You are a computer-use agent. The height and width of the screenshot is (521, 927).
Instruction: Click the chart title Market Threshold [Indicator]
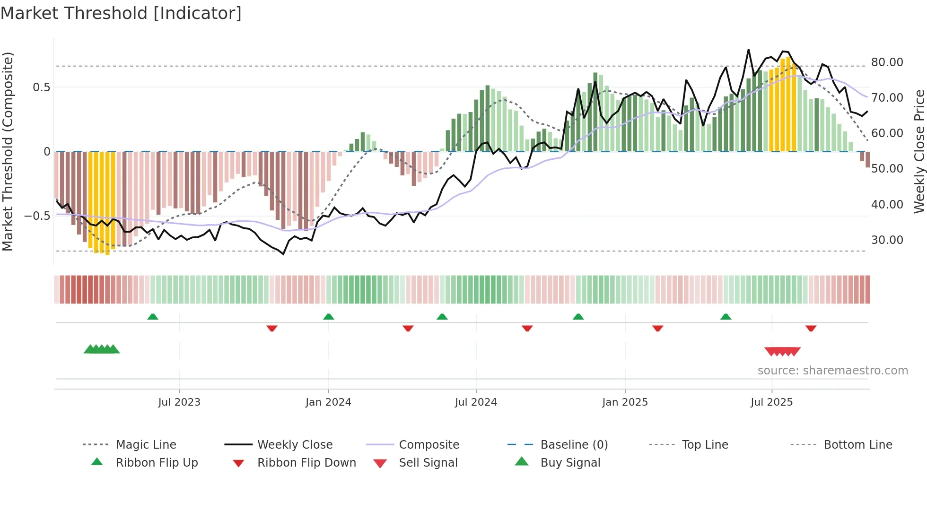(x=121, y=13)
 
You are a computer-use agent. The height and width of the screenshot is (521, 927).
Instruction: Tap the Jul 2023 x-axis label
(x=179, y=402)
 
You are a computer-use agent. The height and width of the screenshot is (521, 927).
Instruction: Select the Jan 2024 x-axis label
(x=328, y=402)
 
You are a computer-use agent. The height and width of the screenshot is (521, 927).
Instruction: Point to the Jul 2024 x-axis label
(x=476, y=402)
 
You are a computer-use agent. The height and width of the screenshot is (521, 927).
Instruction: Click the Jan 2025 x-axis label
(x=625, y=402)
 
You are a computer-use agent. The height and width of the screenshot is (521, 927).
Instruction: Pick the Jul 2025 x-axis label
(x=771, y=402)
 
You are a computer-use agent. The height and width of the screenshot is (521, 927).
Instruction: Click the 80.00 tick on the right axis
(x=887, y=62)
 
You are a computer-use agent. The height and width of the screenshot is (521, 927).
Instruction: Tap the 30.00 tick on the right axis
(x=887, y=240)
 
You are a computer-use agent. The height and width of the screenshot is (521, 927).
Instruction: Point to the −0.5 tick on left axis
(x=37, y=216)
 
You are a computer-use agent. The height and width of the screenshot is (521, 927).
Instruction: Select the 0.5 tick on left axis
(x=41, y=87)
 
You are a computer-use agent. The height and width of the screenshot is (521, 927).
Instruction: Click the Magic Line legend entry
(x=146, y=445)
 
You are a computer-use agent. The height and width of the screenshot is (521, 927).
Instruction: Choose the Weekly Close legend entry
(x=295, y=445)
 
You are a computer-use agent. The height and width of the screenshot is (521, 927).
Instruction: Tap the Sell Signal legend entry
(x=428, y=463)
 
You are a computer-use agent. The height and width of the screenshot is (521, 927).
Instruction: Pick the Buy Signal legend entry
(x=570, y=463)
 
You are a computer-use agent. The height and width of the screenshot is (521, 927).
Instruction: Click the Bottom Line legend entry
(x=857, y=445)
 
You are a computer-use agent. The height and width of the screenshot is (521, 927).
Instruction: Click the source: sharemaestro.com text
(x=832, y=371)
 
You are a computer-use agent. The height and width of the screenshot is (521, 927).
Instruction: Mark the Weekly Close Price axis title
(x=919, y=151)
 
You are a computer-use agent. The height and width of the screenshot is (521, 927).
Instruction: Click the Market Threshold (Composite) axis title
(x=8, y=151)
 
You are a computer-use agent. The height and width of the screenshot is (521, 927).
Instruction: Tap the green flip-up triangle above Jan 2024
(x=329, y=317)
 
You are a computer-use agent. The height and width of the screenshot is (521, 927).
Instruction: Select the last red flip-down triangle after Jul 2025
(x=811, y=328)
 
